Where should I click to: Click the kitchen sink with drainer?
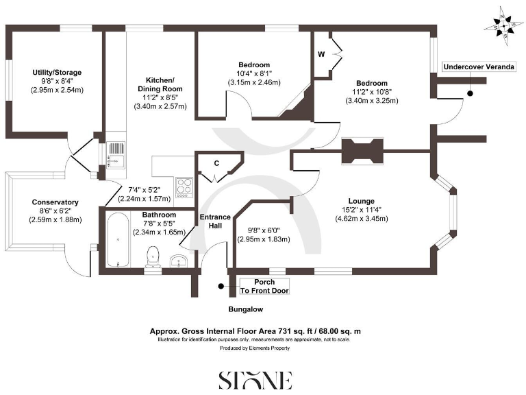point(115,154)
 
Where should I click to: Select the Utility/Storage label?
point(58,72)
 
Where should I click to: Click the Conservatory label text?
point(55,202)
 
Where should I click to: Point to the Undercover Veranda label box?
point(477,67)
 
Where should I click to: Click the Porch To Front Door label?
point(264,287)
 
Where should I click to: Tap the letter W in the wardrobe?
point(321,53)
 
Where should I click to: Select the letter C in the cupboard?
point(216,163)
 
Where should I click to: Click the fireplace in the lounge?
point(363,150)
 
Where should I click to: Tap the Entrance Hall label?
point(214,222)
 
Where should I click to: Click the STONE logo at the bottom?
point(255,379)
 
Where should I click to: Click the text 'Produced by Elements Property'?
point(255,348)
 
